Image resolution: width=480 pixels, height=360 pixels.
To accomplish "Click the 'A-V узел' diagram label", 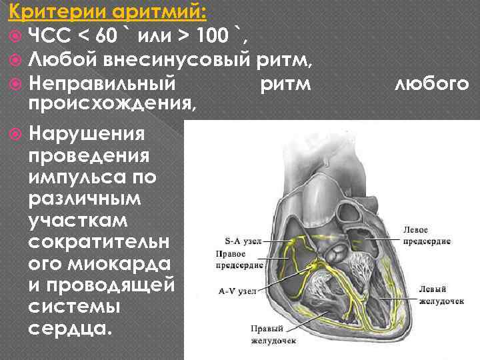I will tap(237, 291).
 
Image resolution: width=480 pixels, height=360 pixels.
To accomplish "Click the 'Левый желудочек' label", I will tap(441, 295).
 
